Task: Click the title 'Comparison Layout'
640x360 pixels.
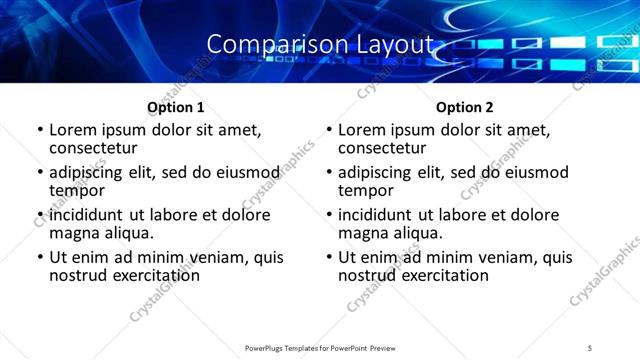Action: [321, 44]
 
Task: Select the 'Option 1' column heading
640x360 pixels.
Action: [175, 107]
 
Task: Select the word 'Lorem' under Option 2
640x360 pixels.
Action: [362, 130]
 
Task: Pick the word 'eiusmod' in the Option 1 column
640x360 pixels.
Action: [249, 172]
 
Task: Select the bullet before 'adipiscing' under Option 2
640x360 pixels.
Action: [329, 173]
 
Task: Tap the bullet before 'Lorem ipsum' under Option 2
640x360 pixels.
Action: [329, 131]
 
